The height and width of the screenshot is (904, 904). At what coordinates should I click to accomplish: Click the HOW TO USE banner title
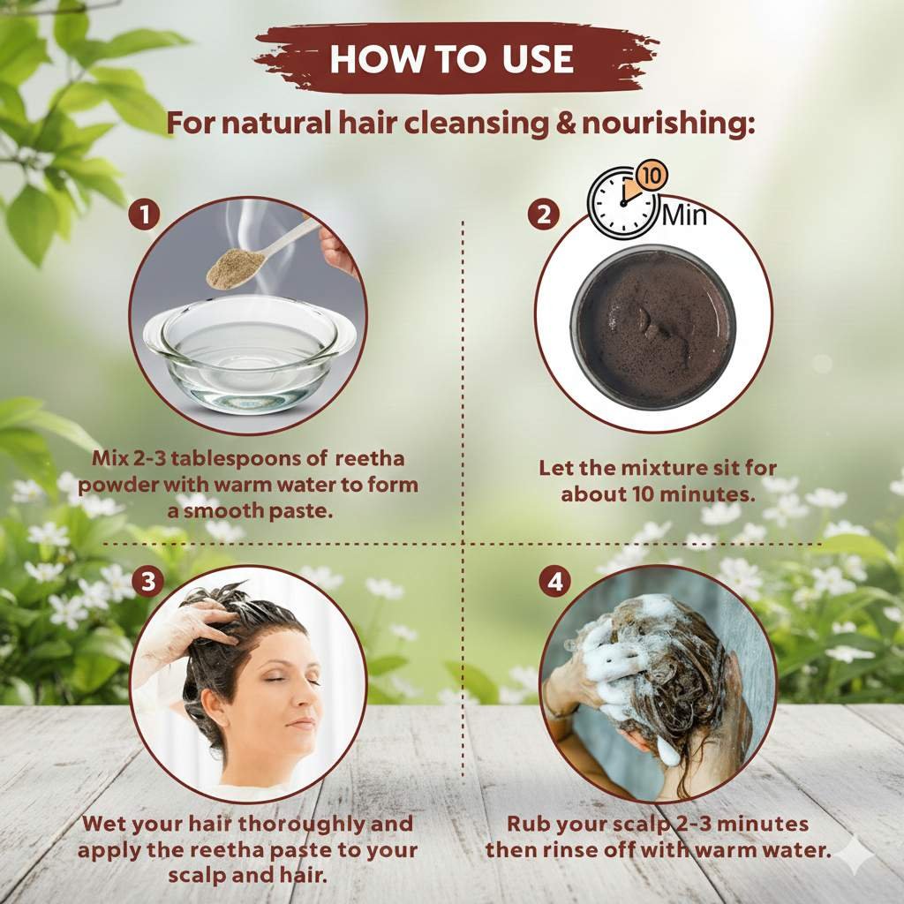coord(452,59)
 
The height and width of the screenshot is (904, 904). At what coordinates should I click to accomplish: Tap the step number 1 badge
coord(144,215)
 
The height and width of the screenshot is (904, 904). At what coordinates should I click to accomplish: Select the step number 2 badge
coord(544,215)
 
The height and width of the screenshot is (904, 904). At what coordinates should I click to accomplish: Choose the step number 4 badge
coord(554,583)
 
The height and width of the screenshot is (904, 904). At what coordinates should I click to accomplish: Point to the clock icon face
coord(621,203)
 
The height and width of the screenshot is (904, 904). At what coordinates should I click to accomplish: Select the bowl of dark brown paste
coord(652,327)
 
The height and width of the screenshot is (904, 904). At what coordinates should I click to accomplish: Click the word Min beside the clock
coord(684,215)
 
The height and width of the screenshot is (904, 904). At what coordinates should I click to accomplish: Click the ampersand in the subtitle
coord(567,124)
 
